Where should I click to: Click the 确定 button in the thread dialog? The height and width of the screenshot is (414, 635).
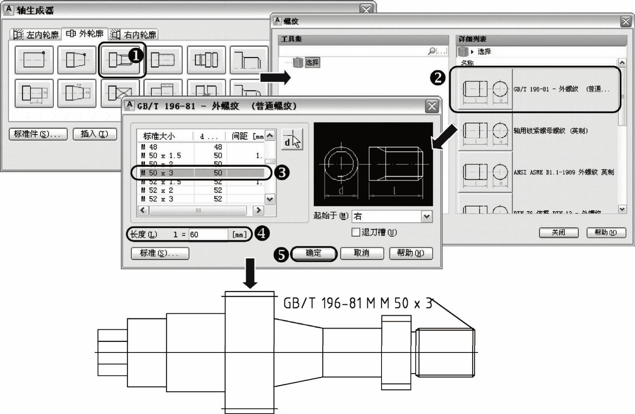click(314, 253)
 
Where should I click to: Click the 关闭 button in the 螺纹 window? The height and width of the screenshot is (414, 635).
click(558, 233)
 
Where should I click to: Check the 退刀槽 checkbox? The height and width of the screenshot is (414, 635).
click(355, 232)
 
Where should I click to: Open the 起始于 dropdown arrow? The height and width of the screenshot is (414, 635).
click(426, 217)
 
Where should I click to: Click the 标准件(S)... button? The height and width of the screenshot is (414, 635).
click(38, 134)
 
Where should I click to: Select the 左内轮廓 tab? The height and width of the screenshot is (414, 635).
click(36, 35)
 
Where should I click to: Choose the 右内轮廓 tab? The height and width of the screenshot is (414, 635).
click(134, 35)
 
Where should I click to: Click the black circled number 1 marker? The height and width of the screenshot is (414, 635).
click(136, 56)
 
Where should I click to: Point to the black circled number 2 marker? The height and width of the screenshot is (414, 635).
click(437, 78)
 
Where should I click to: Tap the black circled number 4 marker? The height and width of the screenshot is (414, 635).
click(262, 233)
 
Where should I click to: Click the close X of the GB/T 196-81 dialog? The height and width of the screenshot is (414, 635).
click(432, 106)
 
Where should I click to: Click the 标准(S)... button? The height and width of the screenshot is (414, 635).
click(160, 253)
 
